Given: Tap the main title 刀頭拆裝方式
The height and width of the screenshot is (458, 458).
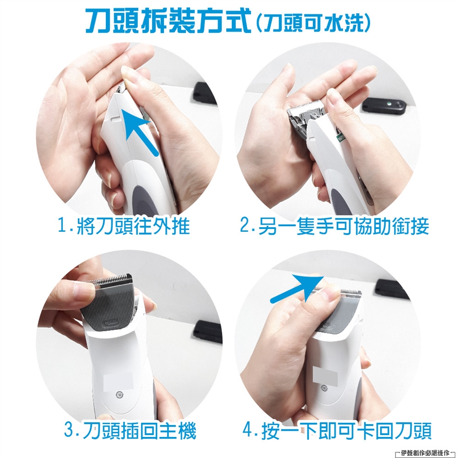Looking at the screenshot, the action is tap(168, 21).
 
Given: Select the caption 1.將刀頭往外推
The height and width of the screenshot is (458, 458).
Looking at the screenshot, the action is tap(124, 226).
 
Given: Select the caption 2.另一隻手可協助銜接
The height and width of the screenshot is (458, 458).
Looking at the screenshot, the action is tap(334, 226).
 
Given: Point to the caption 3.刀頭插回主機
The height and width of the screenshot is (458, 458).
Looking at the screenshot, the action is tap(130, 430).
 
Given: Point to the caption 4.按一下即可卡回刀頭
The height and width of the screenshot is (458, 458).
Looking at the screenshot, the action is tap(337, 430).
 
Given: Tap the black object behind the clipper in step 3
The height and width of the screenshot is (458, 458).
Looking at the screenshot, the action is tap(208, 332).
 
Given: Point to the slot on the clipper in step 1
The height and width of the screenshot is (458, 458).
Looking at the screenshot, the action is tap(116, 119).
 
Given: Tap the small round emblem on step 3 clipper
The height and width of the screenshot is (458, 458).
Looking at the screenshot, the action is tap(119, 395).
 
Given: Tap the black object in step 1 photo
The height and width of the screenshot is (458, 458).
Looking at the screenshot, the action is tap(205, 94).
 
